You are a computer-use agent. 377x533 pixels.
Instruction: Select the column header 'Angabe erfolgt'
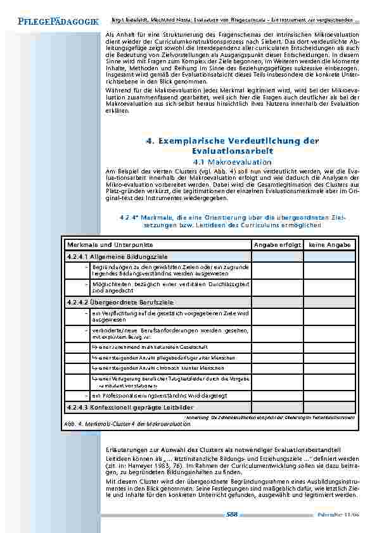click(276, 244)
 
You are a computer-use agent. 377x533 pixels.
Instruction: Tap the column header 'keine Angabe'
click(329, 244)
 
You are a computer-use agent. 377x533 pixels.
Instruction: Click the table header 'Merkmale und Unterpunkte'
click(110, 244)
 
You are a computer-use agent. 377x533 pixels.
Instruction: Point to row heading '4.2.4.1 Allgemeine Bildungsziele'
click(117, 256)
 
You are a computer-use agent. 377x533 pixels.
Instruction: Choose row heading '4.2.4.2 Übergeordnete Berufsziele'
click(120, 302)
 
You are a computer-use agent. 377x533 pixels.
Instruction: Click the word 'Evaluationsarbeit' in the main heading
click(232, 151)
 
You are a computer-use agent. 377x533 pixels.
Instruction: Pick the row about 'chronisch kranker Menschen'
click(148, 367)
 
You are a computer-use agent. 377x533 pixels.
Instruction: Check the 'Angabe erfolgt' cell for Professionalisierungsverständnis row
click(277, 395)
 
